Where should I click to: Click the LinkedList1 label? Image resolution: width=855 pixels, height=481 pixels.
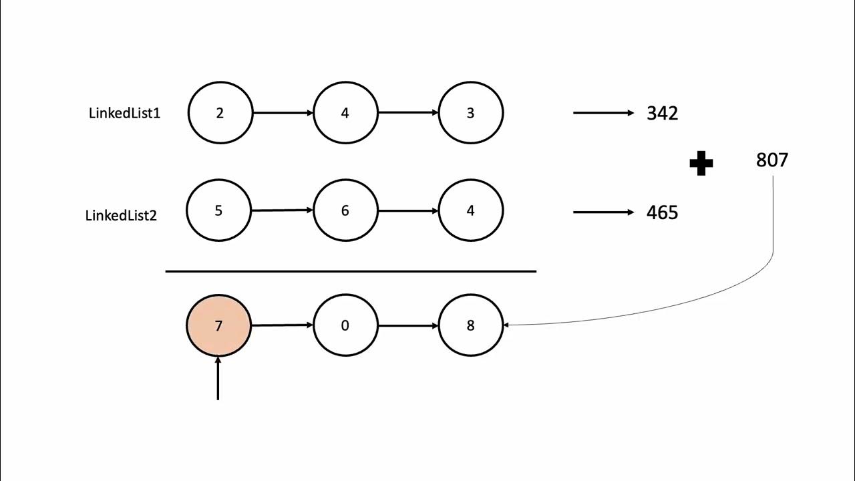[x=124, y=113]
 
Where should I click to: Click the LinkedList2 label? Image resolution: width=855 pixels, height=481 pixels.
[x=121, y=215]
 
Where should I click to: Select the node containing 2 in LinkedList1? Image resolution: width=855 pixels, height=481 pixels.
[x=220, y=113]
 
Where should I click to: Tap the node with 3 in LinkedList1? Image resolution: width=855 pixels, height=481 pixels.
[x=470, y=113]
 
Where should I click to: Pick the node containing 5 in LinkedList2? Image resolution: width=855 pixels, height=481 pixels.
[x=218, y=210]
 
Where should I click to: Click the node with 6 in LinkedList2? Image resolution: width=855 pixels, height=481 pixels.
[x=345, y=210]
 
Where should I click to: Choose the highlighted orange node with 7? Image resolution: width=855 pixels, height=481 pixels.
[x=218, y=325]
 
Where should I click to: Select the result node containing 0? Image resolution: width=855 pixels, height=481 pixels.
[x=345, y=325]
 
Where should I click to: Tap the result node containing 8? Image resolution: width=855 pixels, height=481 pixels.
[x=470, y=325]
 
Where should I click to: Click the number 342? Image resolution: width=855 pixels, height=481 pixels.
[x=662, y=113]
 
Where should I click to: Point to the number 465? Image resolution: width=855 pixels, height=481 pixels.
[x=662, y=212]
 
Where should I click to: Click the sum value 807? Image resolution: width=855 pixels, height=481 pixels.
[x=772, y=160]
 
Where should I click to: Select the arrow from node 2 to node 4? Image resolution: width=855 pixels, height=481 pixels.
[x=283, y=113]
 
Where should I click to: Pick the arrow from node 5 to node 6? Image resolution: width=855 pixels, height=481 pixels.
[x=282, y=210]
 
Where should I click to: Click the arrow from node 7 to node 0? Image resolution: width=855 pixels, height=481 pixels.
[x=282, y=325]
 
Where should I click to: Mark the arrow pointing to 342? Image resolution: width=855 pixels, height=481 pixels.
[x=603, y=113]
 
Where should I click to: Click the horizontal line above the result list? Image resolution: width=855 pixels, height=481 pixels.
[x=351, y=271]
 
